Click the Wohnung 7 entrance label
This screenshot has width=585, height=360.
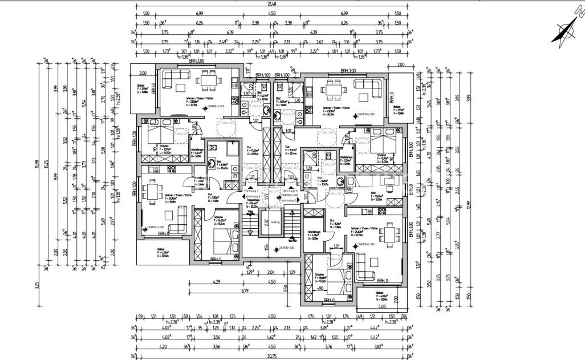251,190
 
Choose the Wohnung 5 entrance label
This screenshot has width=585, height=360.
290,200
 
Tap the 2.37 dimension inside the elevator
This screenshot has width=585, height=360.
266,223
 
